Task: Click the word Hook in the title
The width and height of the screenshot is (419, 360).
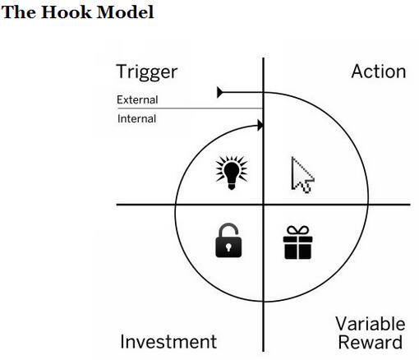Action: tap(67, 12)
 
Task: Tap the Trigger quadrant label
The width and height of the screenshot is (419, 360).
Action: tap(147, 72)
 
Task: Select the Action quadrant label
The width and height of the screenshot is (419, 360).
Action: tap(379, 72)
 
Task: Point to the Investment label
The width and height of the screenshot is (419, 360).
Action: tap(168, 341)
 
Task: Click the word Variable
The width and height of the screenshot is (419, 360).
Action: tap(371, 324)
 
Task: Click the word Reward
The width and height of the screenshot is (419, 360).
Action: tap(371, 342)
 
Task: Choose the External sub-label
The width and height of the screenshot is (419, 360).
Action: tap(137, 99)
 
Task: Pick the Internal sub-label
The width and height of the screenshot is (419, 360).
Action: tap(136, 118)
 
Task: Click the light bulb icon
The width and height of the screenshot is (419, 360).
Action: tap(232, 173)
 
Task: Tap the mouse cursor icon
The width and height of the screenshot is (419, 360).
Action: tap(302, 174)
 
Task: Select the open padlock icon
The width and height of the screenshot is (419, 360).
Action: tap(228, 240)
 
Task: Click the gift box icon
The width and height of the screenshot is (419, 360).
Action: tap(297, 242)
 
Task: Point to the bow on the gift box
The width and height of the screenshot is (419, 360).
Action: tap(297, 231)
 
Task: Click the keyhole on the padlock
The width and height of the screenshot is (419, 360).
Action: tap(228, 247)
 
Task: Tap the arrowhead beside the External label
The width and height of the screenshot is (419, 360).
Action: tap(220, 92)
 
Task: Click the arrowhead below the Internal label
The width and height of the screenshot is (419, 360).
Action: tap(260, 126)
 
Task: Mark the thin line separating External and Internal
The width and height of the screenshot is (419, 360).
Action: tap(191, 108)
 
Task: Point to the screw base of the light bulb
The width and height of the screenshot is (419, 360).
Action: tap(232, 187)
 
